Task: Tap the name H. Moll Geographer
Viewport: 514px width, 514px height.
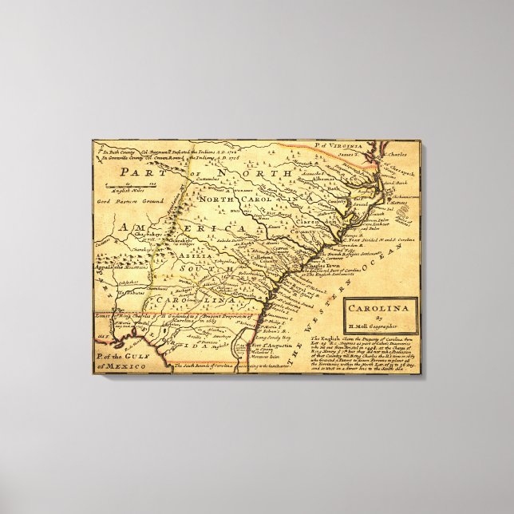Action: tap(379, 325)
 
